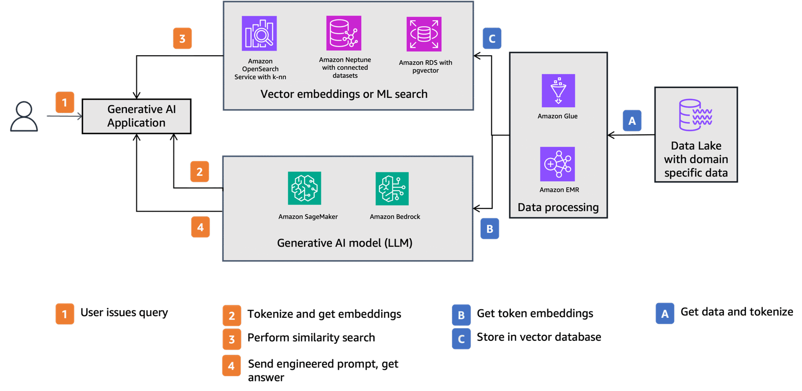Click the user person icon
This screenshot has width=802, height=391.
click(x=24, y=117)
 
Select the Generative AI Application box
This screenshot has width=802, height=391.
click(x=136, y=116)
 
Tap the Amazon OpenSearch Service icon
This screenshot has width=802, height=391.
click(x=259, y=34)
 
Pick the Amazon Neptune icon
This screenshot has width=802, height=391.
click(x=344, y=33)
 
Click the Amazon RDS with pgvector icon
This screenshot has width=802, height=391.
click(x=424, y=34)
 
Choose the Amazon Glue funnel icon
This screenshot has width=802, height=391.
click(x=558, y=91)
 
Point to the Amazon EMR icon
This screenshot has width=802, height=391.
click(x=557, y=164)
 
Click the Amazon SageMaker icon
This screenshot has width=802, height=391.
click(x=304, y=188)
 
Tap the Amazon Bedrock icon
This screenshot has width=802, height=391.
click(x=392, y=188)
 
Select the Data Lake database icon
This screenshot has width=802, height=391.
click(x=695, y=115)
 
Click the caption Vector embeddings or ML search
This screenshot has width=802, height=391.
click(x=344, y=94)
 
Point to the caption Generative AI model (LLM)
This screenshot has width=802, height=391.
click(x=345, y=243)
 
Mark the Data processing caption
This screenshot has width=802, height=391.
click(x=558, y=208)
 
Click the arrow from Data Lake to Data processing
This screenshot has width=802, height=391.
click(x=632, y=135)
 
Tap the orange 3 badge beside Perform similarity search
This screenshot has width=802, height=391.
click(x=232, y=339)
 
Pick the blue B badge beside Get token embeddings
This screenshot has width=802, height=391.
click(x=461, y=315)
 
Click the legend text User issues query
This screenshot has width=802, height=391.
click(x=124, y=313)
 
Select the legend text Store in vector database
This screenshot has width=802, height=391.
click(x=539, y=337)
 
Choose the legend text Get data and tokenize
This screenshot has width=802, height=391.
click(x=737, y=312)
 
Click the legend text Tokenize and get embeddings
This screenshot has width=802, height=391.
click(x=324, y=314)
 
